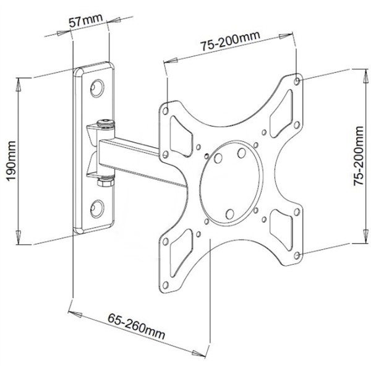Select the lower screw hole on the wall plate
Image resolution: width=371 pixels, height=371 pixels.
click(97, 207)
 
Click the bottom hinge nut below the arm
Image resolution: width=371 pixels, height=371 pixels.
click(105, 181)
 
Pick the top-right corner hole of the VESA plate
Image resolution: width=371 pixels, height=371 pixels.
click(299, 80)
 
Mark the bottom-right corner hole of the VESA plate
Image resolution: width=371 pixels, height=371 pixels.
click(299, 255)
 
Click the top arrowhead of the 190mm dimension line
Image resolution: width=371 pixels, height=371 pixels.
click(20, 81)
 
